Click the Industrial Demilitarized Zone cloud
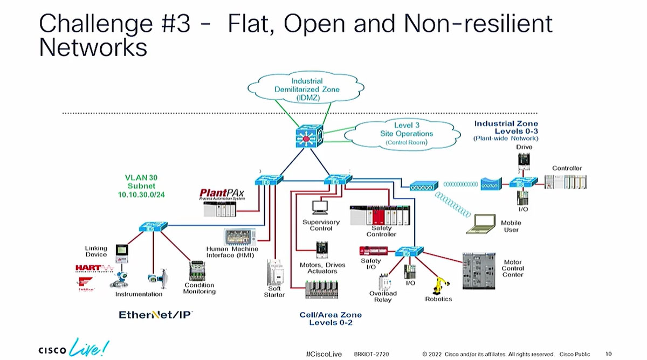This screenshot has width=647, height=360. (x=307, y=88)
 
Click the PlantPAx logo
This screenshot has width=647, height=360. (x=223, y=193)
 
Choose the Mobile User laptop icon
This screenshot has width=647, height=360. (x=481, y=224)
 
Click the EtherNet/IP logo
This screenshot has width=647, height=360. (x=155, y=315)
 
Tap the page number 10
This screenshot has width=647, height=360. (x=609, y=354)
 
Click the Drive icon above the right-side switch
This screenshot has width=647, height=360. (x=524, y=159)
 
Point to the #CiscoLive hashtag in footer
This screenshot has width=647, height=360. (x=322, y=354)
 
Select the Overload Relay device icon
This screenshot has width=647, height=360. (x=383, y=281)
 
